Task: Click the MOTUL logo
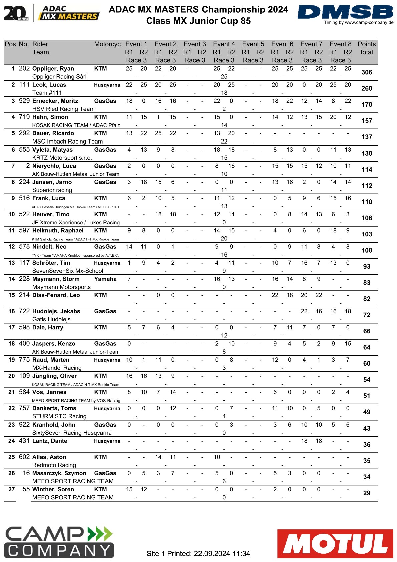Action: coord(335,543)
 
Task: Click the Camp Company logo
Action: coord(59,542)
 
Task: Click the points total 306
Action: coord(367,72)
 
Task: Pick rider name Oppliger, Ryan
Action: coord(53,69)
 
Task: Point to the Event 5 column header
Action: coord(253,44)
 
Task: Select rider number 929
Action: coord(24,101)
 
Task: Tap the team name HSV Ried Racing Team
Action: coord(63,109)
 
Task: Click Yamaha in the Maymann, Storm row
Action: coord(105,279)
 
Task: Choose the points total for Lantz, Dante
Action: coord(367,445)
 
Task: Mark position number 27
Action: coord(12,489)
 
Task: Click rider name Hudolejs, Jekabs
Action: coord(56,311)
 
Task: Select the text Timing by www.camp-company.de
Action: coord(359,23)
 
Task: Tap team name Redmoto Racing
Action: coord(54,465)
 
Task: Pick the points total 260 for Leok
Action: coord(367,89)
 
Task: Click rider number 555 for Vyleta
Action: coord(24,150)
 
